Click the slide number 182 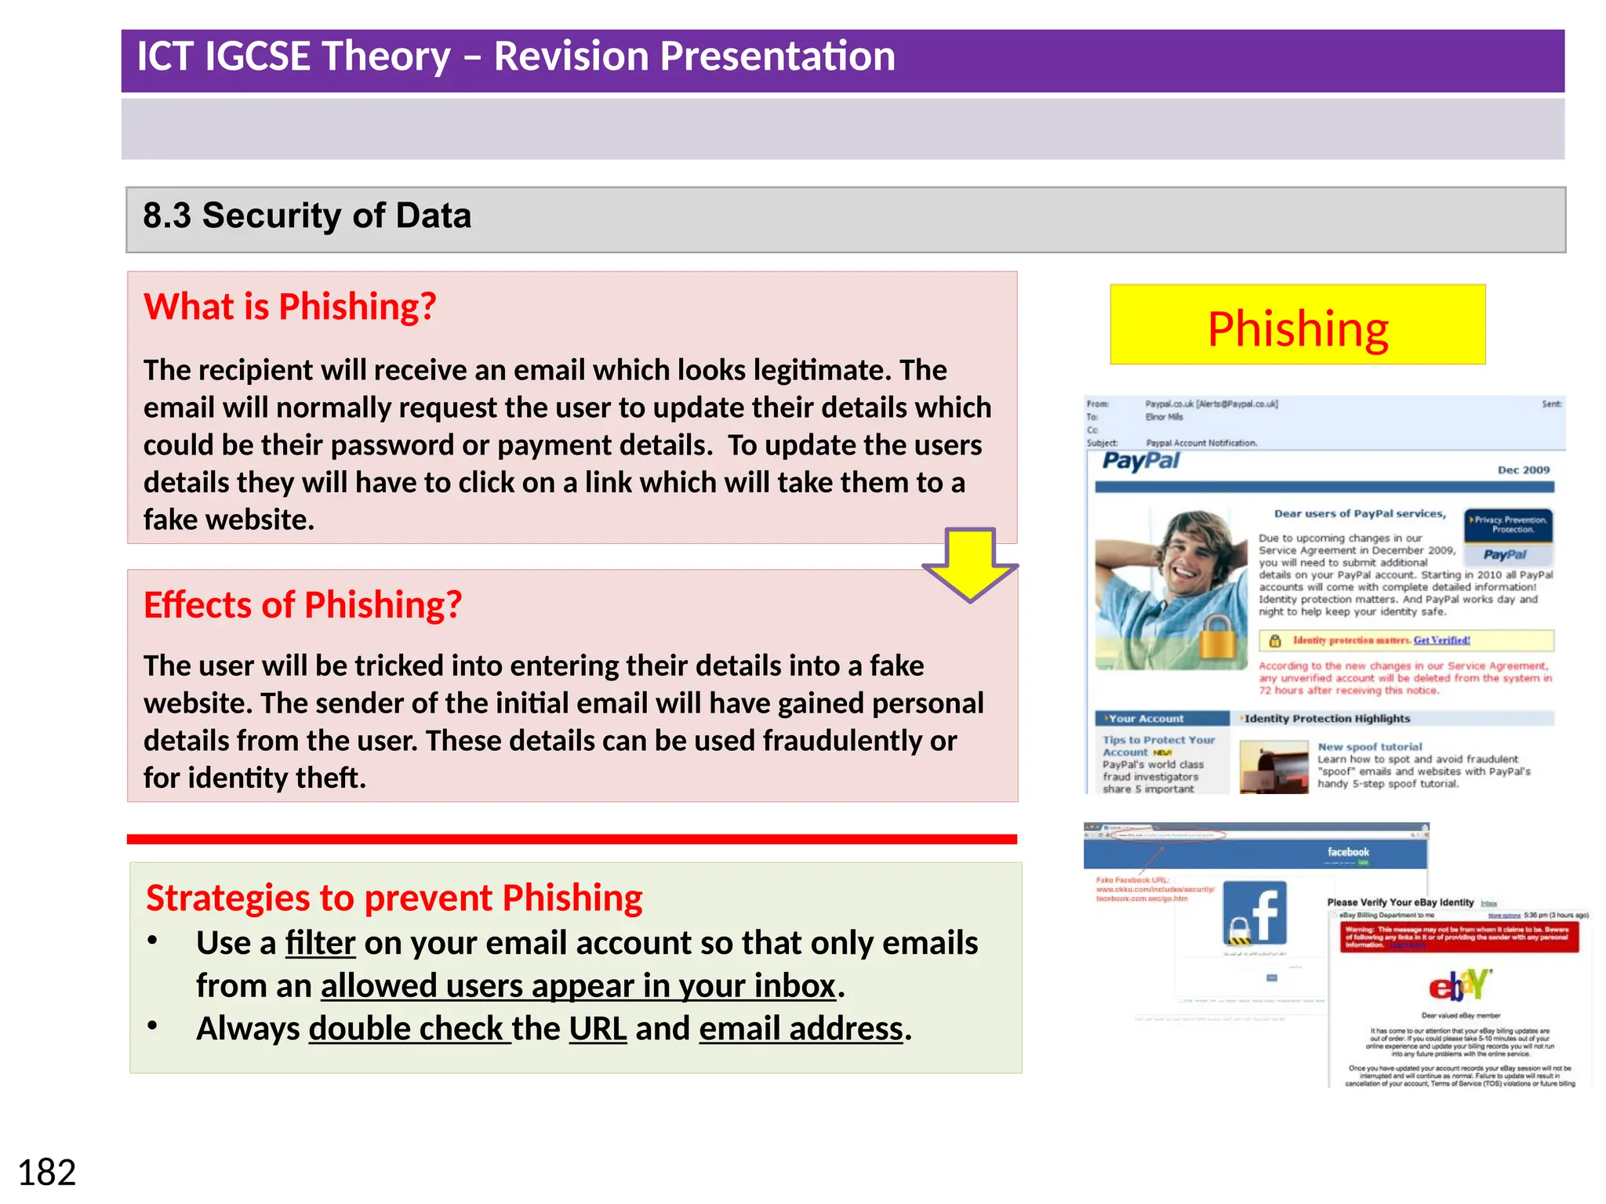pyautogui.click(x=46, y=1173)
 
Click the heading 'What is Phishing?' pyautogui.click(x=289, y=306)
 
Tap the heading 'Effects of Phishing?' pyautogui.click(x=303, y=605)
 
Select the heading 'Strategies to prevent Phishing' pyautogui.click(x=394, y=898)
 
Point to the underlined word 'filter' pyautogui.click(x=320, y=943)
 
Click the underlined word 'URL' pyautogui.click(x=598, y=1029)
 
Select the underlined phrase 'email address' pyautogui.click(x=801, y=1029)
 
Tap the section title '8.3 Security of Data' pyautogui.click(x=307, y=216)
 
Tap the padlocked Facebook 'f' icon pyautogui.click(x=1255, y=913)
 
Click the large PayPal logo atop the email pyautogui.click(x=1140, y=461)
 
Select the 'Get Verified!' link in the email pyautogui.click(x=1441, y=640)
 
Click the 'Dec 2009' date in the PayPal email pyautogui.click(x=1523, y=470)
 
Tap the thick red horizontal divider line pyautogui.click(x=572, y=840)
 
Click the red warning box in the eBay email pyautogui.click(x=1457, y=937)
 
